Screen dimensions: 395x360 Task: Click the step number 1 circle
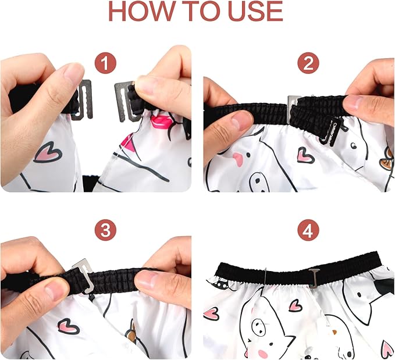105,63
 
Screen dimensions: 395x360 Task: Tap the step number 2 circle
308,63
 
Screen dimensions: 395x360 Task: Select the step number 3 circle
105,230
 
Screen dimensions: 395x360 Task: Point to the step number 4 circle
308,230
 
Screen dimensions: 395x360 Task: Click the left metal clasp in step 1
84,100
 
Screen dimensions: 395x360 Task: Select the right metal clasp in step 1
124,101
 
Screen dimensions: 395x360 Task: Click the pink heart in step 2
305,155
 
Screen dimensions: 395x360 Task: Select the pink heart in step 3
68,326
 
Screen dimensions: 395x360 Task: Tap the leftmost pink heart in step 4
211,314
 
